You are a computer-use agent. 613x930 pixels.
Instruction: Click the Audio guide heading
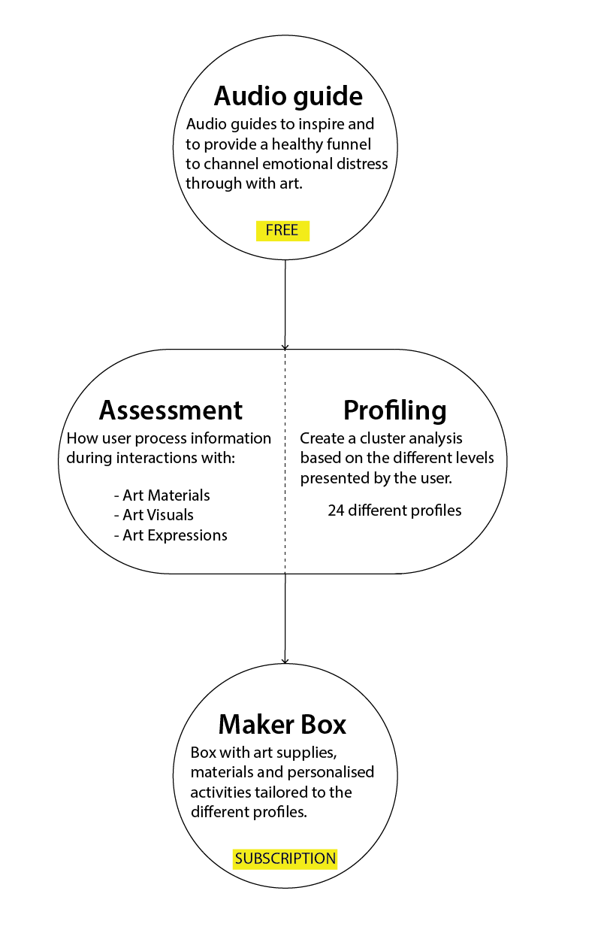tap(288, 97)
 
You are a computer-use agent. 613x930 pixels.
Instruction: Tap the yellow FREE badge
tap(282, 231)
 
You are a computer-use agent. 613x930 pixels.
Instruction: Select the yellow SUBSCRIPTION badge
tap(285, 859)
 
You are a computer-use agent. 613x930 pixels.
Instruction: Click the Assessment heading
tap(171, 410)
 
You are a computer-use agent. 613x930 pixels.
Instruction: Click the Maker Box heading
tap(282, 725)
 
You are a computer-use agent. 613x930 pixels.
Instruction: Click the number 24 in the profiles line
tap(336, 510)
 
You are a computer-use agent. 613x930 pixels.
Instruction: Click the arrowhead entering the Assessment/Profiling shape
tap(285, 347)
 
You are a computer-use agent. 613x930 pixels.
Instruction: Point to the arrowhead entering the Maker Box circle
tap(285, 661)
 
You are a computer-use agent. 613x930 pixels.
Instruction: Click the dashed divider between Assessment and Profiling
tap(285, 462)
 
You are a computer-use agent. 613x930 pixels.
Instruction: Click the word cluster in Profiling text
tap(384, 438)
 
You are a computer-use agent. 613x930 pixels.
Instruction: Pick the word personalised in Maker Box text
tap(331, 772)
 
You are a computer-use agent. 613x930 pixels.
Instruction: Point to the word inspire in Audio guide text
tap(321, 125)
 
